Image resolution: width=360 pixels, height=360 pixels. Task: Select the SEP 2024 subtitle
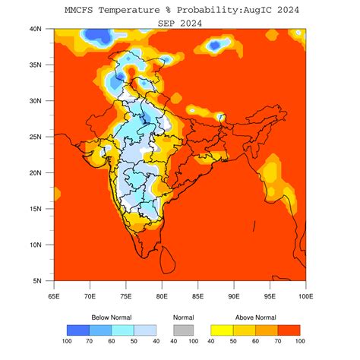179,24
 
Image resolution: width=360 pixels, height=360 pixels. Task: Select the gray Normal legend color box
182,330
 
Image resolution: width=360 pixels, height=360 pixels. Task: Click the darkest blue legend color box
77,330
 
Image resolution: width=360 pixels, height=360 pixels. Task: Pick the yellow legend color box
219,330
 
